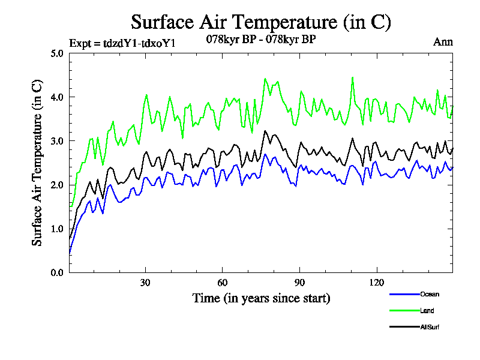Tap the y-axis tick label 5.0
coord(57,53)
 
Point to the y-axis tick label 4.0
coord(57,97)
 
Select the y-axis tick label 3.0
coord(57,141)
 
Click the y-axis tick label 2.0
coord(57,185)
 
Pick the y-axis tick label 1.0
coord(57,229)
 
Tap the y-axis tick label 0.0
coord(57,272)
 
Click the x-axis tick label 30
coord(145,283)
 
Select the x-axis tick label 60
coord(223,283)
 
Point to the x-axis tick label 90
coord(299,283)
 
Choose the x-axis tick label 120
coord(376,283)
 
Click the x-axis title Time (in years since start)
coord(261,298)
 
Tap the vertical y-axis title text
coord(37,163)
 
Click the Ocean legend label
coord(430,294)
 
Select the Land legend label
coord(427,311)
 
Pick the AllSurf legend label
coord(431,327)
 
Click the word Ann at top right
coord(443,42)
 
